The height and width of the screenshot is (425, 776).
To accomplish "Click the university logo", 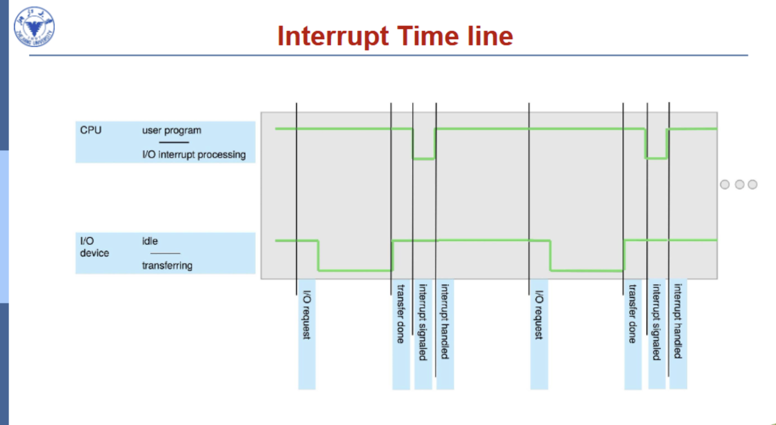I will (x=34, y=27).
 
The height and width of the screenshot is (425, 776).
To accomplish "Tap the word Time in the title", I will (x=428, y=36).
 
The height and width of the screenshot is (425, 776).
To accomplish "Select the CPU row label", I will (x=91, y=130).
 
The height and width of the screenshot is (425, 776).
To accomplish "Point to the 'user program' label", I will (x=171, y=130).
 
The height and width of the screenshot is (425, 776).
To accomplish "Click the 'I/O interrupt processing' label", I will (x=194, y=155).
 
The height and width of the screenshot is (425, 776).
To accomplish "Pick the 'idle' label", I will (x=150, y=241).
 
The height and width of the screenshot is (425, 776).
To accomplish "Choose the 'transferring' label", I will (x=167, y=266).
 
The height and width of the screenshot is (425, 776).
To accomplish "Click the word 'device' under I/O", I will (x=94, y=253).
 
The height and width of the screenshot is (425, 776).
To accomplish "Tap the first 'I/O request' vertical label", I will (x=307, y=315).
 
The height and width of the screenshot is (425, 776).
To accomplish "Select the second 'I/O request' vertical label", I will (x=539, y=315).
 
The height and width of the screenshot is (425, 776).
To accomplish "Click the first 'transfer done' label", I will (x=401, y=314).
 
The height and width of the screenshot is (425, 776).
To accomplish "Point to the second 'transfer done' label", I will (x=633, y=314).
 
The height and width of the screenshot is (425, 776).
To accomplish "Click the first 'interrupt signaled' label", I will (x=423, y=322).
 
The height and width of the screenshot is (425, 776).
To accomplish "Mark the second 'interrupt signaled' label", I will (x=657, y=322).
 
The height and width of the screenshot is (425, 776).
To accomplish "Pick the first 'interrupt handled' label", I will (x=445, y=322).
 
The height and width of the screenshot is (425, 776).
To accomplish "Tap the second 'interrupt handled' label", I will (x=678, y=321).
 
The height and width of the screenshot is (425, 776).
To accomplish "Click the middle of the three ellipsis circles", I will (x=739, y=184).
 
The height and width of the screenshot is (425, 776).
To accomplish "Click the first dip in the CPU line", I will (x=423, y=159).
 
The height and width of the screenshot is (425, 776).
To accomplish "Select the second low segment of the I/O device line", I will (x=587, y=270).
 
